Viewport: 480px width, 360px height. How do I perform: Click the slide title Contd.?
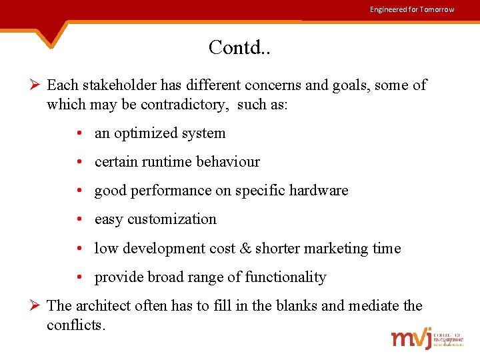pyautogui.click(x=239, y=47)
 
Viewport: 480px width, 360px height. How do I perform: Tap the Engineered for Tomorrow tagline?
pyautogui.click(x=412, y=9)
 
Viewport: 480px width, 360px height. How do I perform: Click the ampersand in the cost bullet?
pyautogui.click(x=245, y=249)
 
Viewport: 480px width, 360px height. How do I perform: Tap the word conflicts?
pyautogui.click(x=75, y=325)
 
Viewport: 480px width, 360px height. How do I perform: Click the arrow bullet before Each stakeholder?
pyautogui.click(x=37, y=85)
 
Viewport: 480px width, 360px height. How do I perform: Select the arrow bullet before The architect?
pyautogui.click(x=37, y=307)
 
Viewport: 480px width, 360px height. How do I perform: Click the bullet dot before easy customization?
pyautogui.click(x=79, y=220)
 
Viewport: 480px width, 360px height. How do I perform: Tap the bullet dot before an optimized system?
pyautogui.click(x=79, y=134)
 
